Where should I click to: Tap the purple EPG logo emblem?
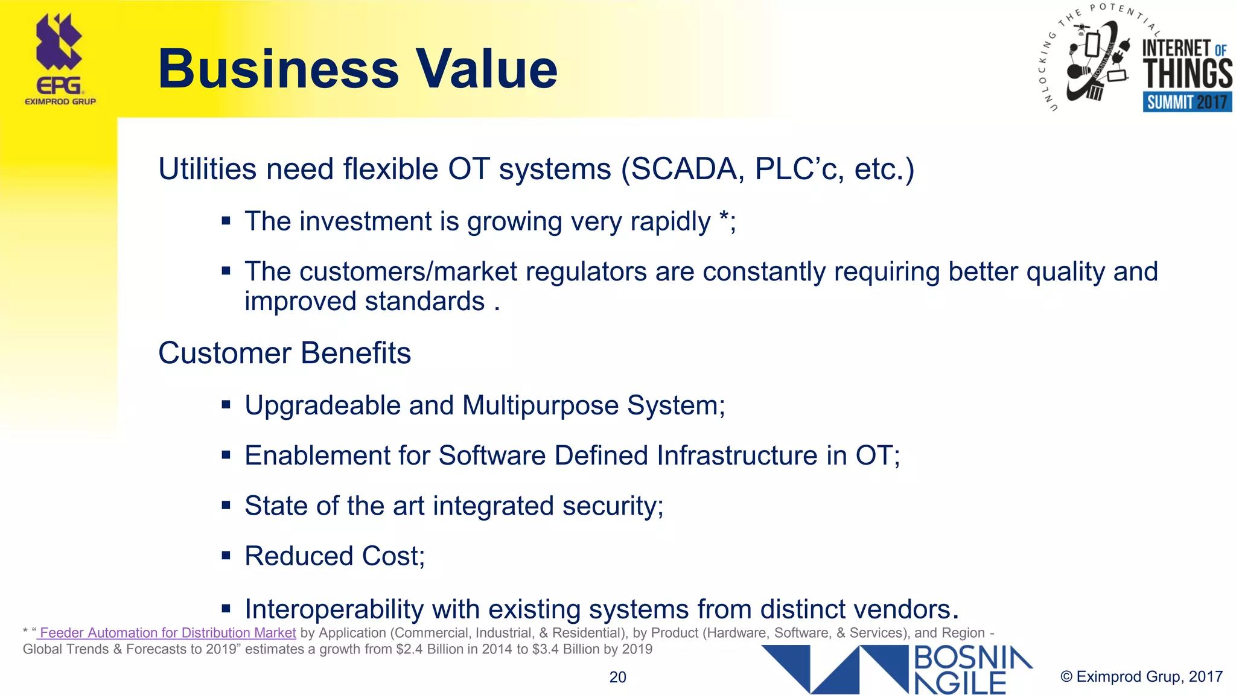click(59, 42)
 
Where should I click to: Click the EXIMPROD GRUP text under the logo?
click(60, 101)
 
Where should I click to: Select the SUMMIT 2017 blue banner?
click(1187, 102)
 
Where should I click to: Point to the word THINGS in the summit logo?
click(1187, 74)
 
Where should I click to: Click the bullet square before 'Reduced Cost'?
click(226, 556)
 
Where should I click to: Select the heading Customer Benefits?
click(284, 353)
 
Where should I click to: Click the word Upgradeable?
click(322, 405)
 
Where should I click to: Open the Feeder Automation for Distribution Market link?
click(167, 633)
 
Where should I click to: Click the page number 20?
click(617, 677)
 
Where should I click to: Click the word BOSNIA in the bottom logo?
click(973, 658)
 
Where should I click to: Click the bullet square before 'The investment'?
click(226, 221)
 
